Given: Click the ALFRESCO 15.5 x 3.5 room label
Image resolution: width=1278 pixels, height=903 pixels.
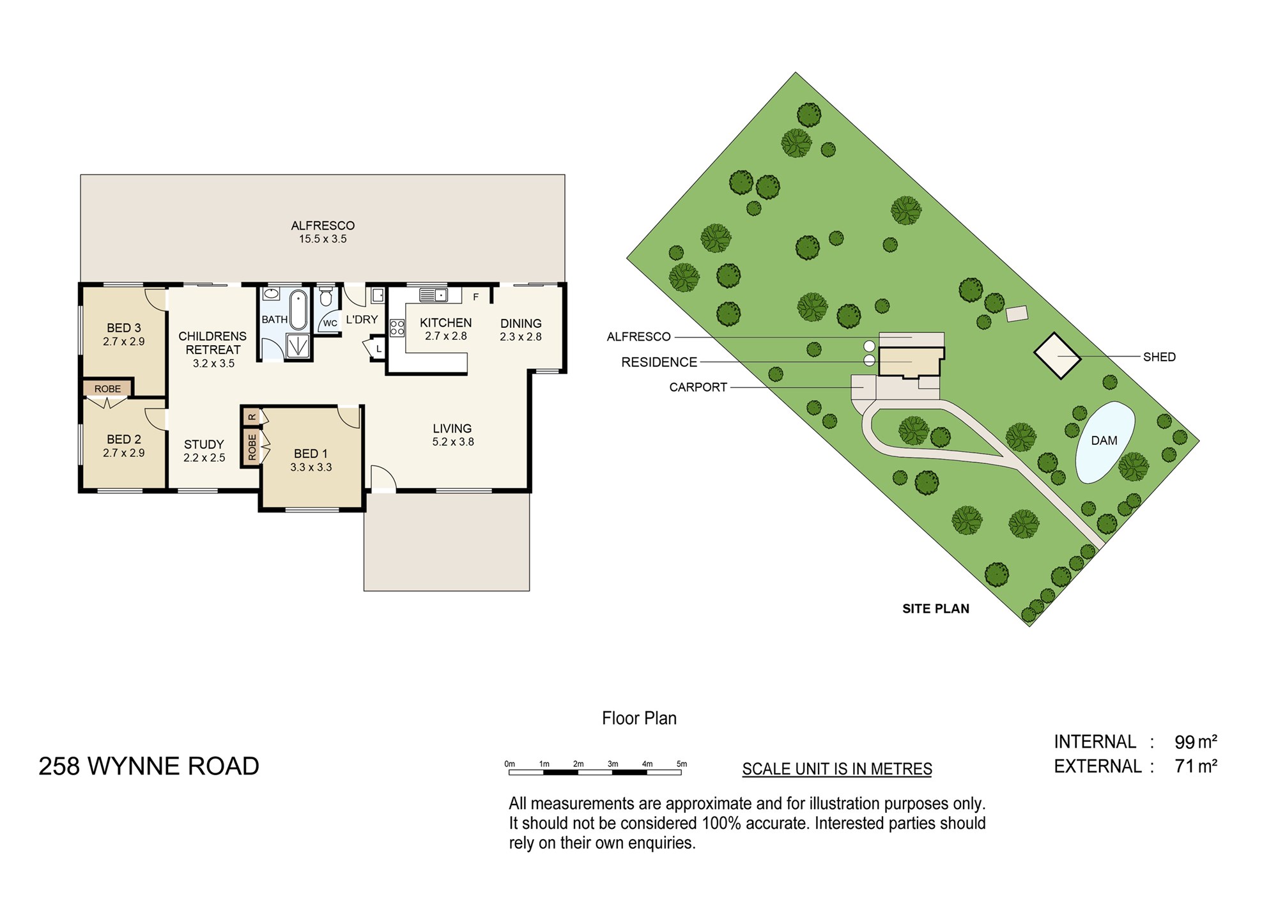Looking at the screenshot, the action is click(x=323, y=232).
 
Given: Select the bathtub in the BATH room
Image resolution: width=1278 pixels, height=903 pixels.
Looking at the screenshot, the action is click(x=298, y=309).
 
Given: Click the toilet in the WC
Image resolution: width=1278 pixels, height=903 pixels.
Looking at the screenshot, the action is click(x=326, y=297).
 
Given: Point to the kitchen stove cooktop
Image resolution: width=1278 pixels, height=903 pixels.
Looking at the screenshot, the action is click(x=397, y=328).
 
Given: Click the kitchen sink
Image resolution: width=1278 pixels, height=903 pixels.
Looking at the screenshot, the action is click(x=434, y=295).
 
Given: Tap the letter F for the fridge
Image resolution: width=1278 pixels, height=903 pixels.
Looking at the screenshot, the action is click(x=475, y=297).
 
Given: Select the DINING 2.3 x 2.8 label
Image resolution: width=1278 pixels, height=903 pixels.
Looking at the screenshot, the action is click(x=521, y=330).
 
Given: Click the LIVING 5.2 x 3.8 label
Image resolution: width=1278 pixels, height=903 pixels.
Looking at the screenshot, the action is click(x=452, y=435).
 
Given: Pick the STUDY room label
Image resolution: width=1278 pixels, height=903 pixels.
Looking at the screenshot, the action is click(x=204, y=444).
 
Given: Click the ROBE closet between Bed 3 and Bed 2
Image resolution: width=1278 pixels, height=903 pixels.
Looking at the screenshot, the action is click(x=107, y=389).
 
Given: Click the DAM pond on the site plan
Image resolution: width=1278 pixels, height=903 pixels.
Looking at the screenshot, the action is click(x=1105, y=442).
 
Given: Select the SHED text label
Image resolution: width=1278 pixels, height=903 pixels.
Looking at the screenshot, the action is click(x=1159, y=357).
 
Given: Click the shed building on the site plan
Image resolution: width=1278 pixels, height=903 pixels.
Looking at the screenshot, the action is click(x=1058, y=355).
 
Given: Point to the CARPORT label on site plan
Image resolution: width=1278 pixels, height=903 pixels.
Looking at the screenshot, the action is click(x=698, y=387).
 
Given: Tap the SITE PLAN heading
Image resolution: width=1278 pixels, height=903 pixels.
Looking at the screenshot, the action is click(x=935, y=609).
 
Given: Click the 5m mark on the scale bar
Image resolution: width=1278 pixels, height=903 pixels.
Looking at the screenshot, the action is click(x=682, y=764).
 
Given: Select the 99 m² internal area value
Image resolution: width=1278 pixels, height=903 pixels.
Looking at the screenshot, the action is click(x=1196, y=742).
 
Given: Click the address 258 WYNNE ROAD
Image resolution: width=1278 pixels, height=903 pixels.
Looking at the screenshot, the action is click(x=149, y=766).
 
